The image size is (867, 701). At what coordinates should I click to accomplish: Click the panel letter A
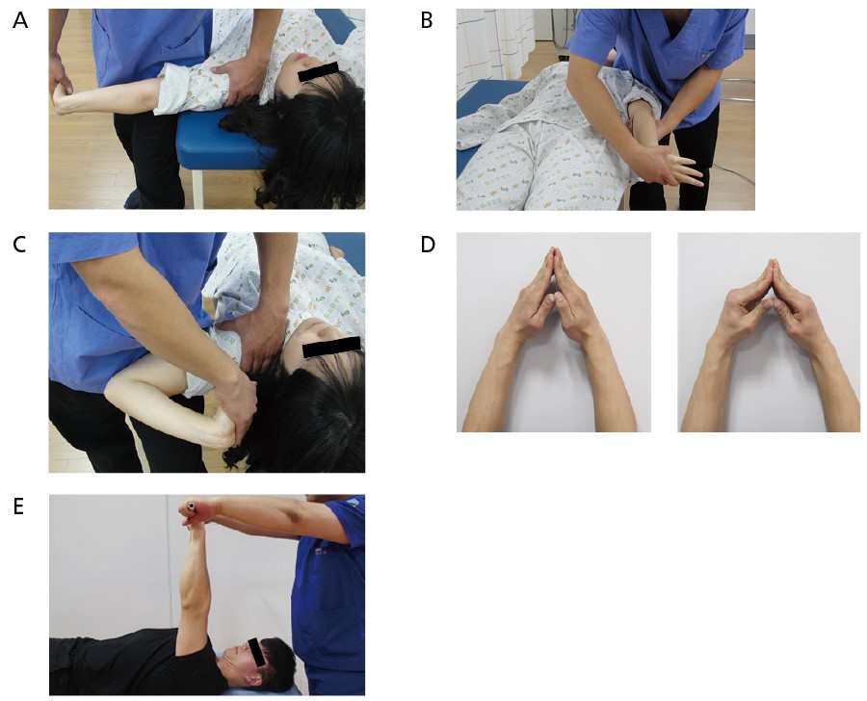(20, 20)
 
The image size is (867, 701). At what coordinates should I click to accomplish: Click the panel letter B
(427, 20)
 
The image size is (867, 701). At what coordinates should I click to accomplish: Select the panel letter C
(19, 245)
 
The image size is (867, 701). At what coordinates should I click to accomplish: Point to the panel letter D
(428, 245)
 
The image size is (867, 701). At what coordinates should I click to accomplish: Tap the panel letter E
(18, 506)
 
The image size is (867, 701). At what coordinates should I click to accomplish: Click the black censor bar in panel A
(318, 71)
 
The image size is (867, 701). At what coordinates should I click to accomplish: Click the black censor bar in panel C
(331, 346)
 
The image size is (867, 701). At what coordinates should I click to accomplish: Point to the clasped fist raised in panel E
(195, 512)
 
